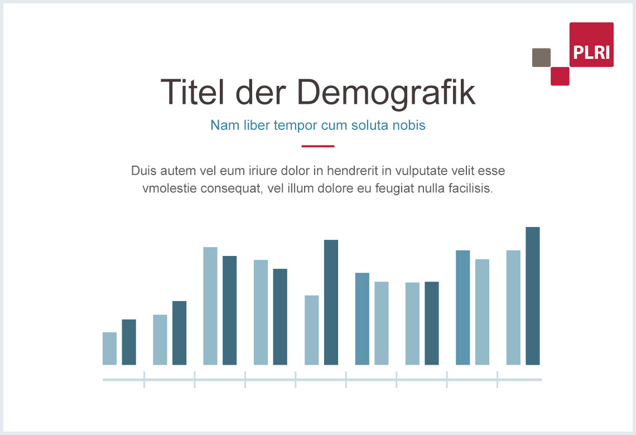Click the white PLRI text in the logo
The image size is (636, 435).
pyautogui.click(x=591, y=53)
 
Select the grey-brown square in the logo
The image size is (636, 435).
pyautogui.click(x=541, y=57)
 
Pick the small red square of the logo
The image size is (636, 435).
pyautogui.click(x=560, y=76)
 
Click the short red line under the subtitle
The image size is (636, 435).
pyautogui.click(x=318, y=146)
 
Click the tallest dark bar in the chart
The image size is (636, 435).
pyautogui.click(x=533, y=296)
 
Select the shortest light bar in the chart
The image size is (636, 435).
pyautogui.click(x=110, y=349)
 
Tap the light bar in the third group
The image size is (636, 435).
pyautogui.click(x=210, y=306)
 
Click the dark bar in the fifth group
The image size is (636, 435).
pyautogui.click(x=331, y=302)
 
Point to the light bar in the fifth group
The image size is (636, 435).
pyautogui.click(x=312, y=330)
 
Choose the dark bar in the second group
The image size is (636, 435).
pyautogui.click(x=179, y=333)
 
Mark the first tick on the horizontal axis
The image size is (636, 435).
pyautogui.click(x=144, y=380)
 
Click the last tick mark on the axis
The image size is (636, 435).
pyautogui.click(x=497, y=380)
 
